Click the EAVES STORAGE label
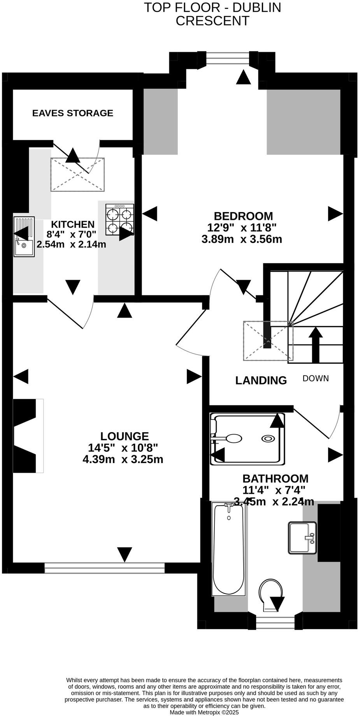[x=72, y=113]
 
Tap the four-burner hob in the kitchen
[x=119, y=220]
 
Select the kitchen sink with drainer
[x=24, y=236]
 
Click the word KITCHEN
[x=73, y=225]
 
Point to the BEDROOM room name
[x=243, y=216]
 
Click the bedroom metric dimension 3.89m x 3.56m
[x=241, y=239]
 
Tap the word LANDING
[x=261, y=380]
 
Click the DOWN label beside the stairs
[x=316, y=378]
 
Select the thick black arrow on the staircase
[x=316, y=344]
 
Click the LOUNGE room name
[x=125, y=436]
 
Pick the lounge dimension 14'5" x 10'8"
[x=123, y=448]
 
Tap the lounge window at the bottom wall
[x=104, y=568]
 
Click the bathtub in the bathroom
[x=228, y=549]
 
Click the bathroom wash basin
[x=302, y=538]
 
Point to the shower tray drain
[x=268, y=439]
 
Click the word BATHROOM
[x=275, y=479]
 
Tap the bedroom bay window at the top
[x=227, y=58]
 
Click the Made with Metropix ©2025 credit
[x=204, y=712]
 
